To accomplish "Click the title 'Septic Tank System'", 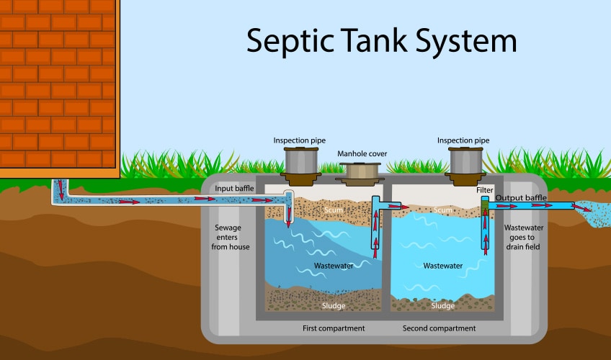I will click(x=381, y=40).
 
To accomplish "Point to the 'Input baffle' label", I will click(x=234, y=188).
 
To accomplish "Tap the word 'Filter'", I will click(x=485, y=190).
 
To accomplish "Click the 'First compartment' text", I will click(x=333, y=328).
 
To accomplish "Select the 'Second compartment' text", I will click(x=439, y=328).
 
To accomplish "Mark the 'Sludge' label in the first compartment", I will click(x=333, y=305).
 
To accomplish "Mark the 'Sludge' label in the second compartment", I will click(x=442, y=305).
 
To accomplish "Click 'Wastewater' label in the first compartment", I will click(x=334, y=266).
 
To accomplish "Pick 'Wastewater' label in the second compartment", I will click(x=442, y=266).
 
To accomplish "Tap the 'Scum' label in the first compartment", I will click(x=333, y=210).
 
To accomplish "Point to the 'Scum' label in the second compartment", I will click(x=443, y=210).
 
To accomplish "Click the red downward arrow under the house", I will click(x=61, y=191).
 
